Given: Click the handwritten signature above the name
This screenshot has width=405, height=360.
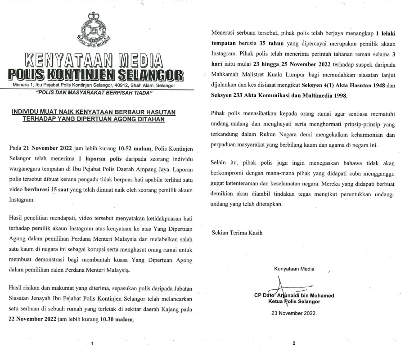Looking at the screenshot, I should (282, 286).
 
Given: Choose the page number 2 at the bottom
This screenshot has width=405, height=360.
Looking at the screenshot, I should (294, 343).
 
